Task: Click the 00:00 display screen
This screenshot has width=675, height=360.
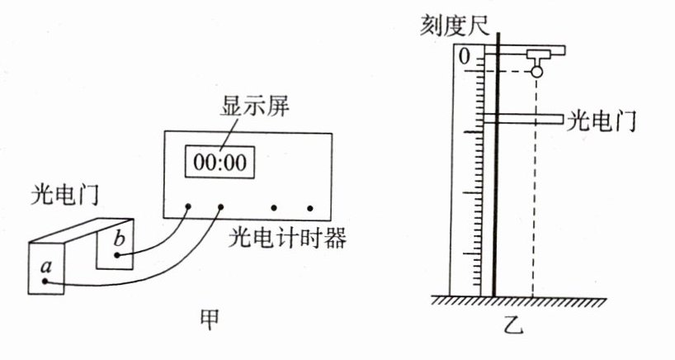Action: pos(219,161)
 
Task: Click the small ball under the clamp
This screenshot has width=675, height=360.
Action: pos(537,73)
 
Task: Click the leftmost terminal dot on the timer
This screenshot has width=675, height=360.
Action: pos(188,207)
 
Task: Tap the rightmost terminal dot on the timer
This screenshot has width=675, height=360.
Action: pos(310,208)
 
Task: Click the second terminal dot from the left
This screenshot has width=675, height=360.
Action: pos(221,207)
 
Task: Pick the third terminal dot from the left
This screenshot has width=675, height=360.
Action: pos(275,208)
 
